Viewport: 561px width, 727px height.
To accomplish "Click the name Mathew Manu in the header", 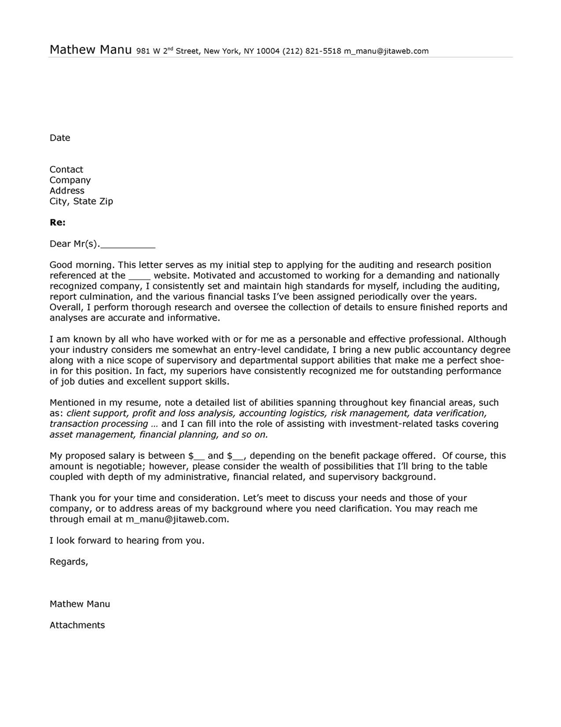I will click(90, 50).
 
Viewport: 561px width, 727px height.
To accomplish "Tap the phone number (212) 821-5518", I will click(312, 51).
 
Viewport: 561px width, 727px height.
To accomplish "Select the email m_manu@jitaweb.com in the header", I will click(386, 51).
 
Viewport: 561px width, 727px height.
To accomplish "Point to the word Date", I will click(60, 138).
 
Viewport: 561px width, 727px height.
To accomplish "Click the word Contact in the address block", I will click(66, 169).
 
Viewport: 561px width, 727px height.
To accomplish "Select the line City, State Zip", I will click(81, 201).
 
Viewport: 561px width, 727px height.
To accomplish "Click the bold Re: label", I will click(57, 223).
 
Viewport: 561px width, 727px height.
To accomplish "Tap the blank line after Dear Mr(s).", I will click(128, 245).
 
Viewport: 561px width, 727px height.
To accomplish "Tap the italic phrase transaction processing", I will click(98, 424).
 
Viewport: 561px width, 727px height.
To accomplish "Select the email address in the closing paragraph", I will click(176, 519).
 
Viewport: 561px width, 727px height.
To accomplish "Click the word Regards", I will click(68, 561).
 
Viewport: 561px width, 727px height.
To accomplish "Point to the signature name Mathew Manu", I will click(80, 604).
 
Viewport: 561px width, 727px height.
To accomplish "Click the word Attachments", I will click(77, 625).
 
